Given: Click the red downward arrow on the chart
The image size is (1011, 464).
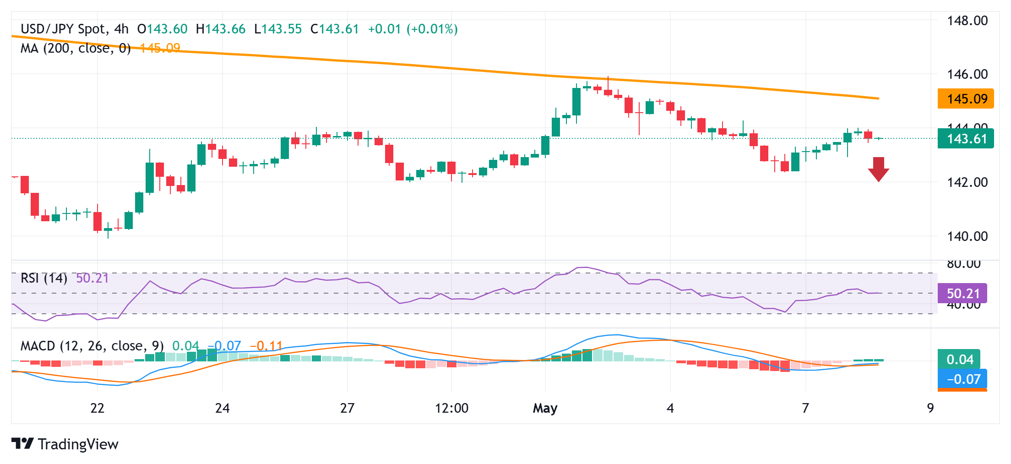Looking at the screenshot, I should (x=878, y=169).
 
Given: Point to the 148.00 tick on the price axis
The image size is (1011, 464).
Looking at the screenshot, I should (x=967, y=21).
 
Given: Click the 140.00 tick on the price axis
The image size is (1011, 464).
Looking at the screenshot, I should (x=967, y=236).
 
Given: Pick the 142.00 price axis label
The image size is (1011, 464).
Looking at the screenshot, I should (x=967, y=182).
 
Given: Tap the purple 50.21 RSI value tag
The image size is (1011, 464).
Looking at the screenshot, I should (x=962, y=294).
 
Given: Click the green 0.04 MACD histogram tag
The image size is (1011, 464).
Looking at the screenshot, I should (x=959, y=360).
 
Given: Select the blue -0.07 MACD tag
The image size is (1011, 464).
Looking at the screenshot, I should (x=962, y=379).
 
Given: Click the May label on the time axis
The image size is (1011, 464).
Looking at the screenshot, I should (x=545, y=408).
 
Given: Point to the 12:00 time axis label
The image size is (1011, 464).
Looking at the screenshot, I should (x=451, y=408).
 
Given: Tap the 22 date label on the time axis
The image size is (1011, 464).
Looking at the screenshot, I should (x=97, y=408).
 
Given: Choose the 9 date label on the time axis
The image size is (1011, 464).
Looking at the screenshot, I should (x=930, y=408).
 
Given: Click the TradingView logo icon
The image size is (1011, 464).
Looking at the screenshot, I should (x=22, y=443).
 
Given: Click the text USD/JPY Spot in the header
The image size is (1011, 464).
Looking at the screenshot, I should (x=63, y=29).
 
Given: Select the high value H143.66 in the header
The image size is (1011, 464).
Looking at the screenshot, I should (x=221, y=29).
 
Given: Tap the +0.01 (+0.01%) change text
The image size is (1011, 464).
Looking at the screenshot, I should (x=413, y=29).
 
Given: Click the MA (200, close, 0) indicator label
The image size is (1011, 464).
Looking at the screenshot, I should (x=76, y=48).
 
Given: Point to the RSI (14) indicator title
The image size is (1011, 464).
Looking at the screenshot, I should (x=44, y=278).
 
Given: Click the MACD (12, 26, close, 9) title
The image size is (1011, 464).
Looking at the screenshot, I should (x=92, y=346).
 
